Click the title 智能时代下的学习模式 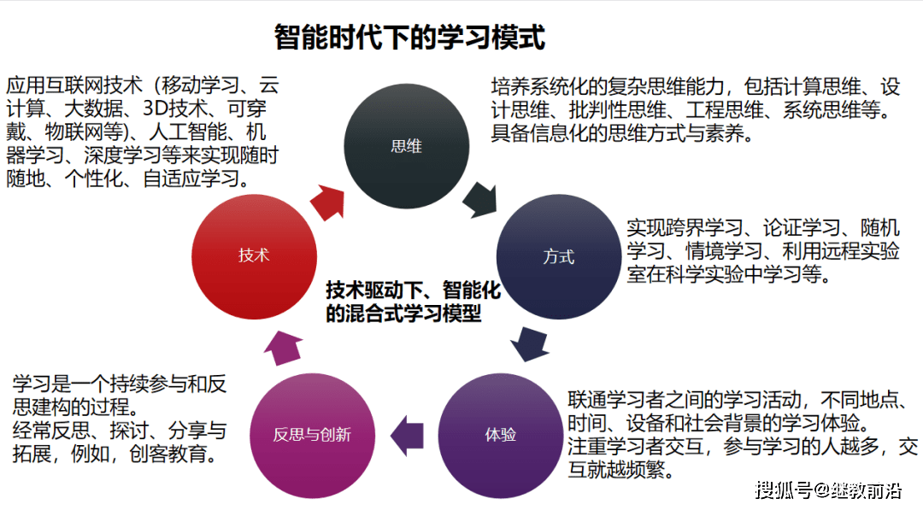[x=409, y=38]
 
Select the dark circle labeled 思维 [x=406, y=146]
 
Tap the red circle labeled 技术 [x=254, y=255]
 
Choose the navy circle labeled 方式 [x=558, y=256]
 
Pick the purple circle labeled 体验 [x=501, y=434]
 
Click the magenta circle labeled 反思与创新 [x=312, y=434]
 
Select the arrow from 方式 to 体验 [x=529, y=344]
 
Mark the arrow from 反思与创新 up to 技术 [x=281, y=346]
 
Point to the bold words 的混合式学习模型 [x=404, y=314]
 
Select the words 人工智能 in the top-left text [x=190, y=132]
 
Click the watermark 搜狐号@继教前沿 [x=827, y=489]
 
